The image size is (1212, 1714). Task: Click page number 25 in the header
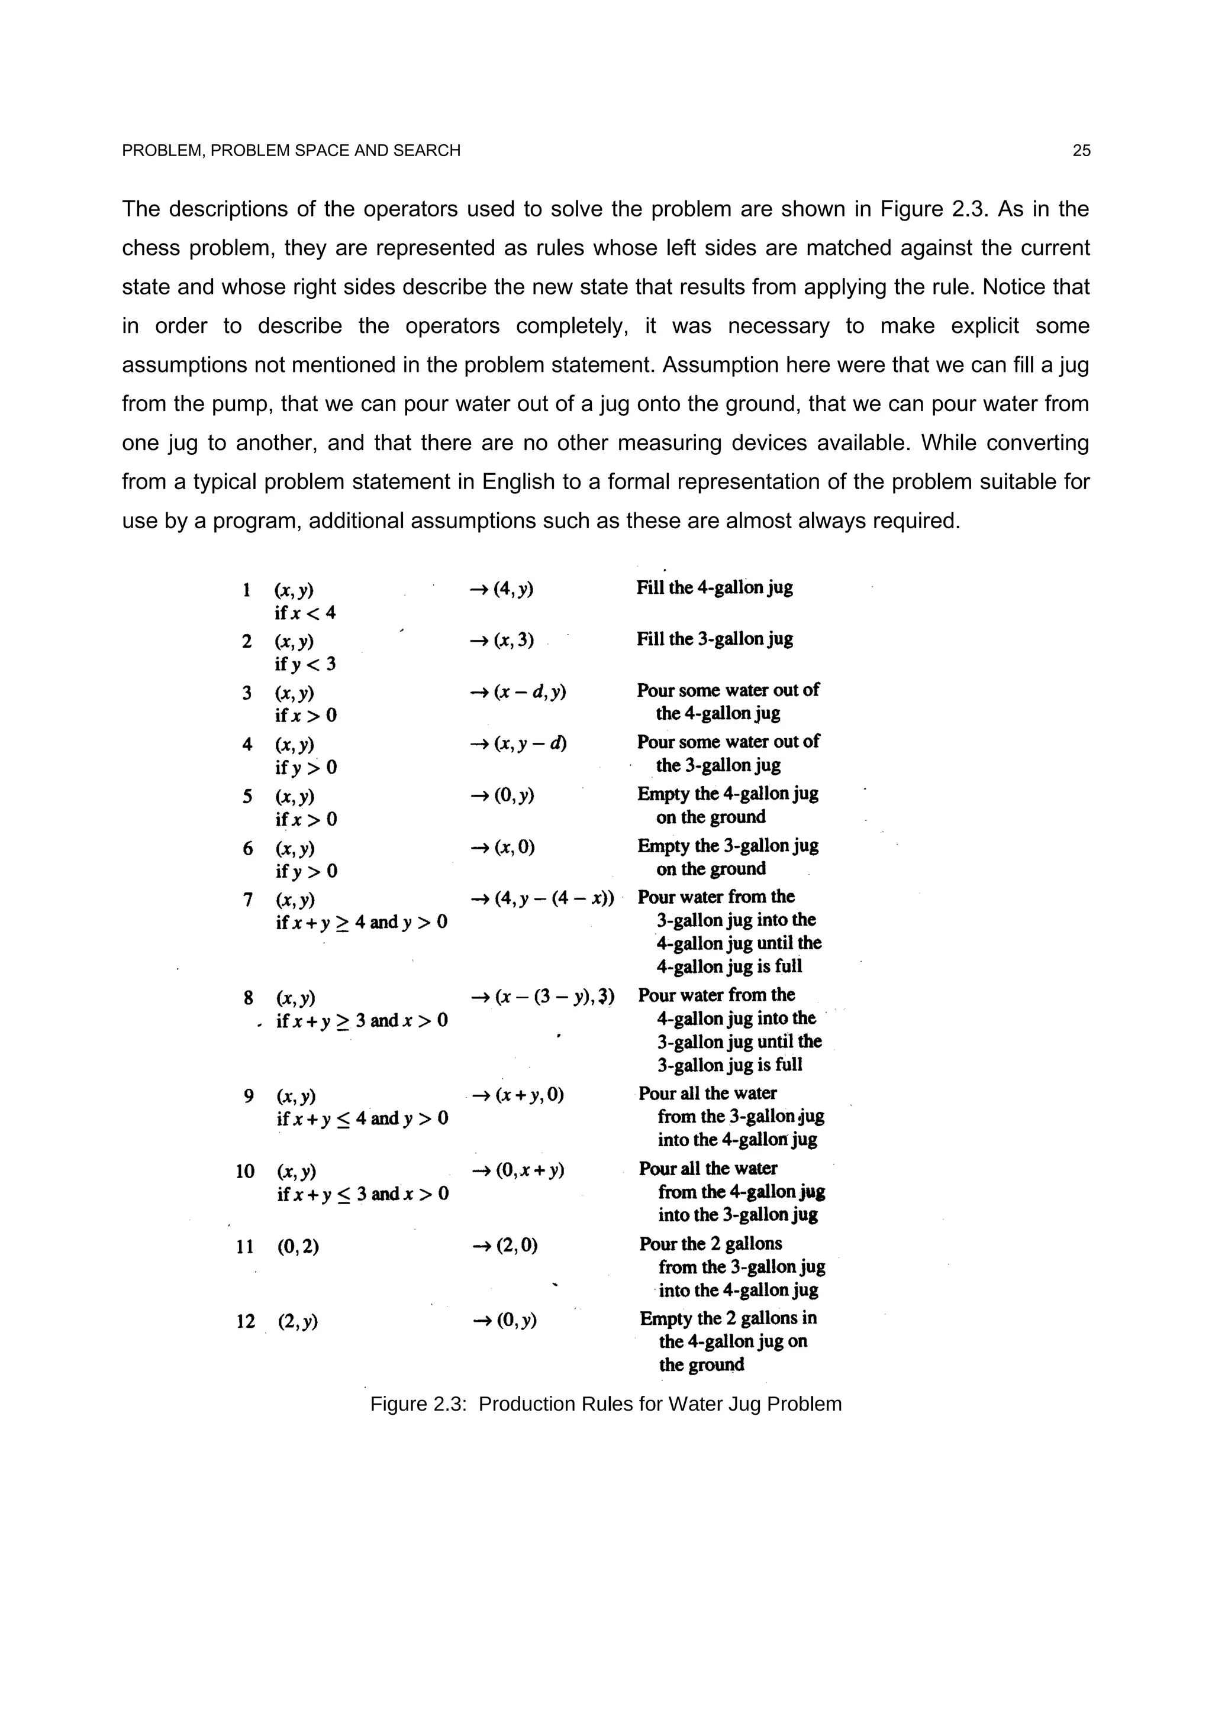[1081, 151]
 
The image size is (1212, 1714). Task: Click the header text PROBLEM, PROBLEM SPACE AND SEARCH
[291, 151]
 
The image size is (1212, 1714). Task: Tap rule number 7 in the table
[248, 900]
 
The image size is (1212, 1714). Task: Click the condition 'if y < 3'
[305, 664]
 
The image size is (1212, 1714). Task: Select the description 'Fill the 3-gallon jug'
[715, 639]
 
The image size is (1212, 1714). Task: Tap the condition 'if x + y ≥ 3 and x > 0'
[362, 1020]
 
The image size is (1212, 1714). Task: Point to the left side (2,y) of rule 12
[298, 1321]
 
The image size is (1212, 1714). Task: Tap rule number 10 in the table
[246, 1171]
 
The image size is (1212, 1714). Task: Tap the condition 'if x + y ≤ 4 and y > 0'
[362, 1118]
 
